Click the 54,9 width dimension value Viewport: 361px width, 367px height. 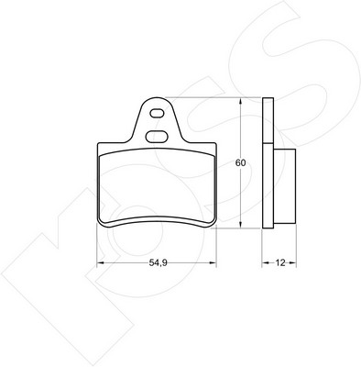[x=158, y=262]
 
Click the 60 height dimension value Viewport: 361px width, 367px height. [x=240, y=163]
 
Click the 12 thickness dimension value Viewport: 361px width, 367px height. [x=280, y=262]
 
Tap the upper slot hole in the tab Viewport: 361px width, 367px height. [x=157, y=114]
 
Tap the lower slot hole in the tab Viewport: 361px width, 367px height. [x=157, y=136]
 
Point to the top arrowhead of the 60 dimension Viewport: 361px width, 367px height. [x=241, y=101]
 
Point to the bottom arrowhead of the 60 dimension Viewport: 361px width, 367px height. [x=241, y=225]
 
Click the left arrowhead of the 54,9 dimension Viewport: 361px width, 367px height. [x=101, y=262]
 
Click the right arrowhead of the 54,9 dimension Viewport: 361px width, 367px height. [x=213, y=262]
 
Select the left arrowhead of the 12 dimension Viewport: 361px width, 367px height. [x=266, y=262]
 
